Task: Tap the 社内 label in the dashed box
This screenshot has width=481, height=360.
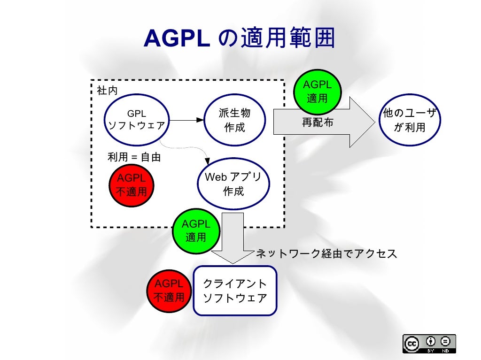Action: point(107,91)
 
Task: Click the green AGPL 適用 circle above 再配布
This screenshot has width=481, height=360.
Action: point(318,91)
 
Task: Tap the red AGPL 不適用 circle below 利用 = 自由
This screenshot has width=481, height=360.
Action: point(132,184)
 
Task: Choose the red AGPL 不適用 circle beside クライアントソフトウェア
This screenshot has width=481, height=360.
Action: point(170,291)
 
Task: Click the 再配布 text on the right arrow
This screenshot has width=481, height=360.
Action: point(318,123)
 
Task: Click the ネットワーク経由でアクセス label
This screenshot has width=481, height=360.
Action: point(326,254)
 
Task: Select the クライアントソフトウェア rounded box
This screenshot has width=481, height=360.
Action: point(235,291)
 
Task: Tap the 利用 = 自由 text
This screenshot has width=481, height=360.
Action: point(134,157)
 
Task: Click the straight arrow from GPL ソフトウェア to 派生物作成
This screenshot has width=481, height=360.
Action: point(187,120)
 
